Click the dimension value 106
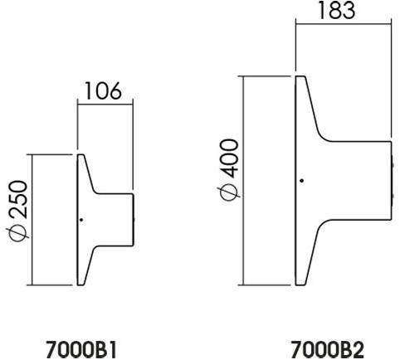tap(103, 90)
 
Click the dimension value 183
tap(336, 10)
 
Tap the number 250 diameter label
tap(18, 199)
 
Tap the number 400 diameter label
tap(229, 158)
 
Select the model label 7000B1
tap(81, 349)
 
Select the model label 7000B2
tap(328, 349)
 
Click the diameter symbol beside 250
tap(18, 231)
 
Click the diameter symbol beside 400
tap(229, 192)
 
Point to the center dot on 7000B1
tap(81, 220)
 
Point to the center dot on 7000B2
tap(302, 181)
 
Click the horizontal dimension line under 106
tap(105, 105)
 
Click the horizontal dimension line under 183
tap(344, 24)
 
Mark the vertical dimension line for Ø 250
tap(32, 220)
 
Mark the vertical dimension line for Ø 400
tap(243, 180)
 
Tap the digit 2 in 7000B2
tap(358, 349)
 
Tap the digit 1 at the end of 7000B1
tap(112, 349)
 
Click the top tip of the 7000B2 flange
tap(300, 76)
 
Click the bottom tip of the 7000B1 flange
tap(80, 285)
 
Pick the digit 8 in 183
tap(336, 10)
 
